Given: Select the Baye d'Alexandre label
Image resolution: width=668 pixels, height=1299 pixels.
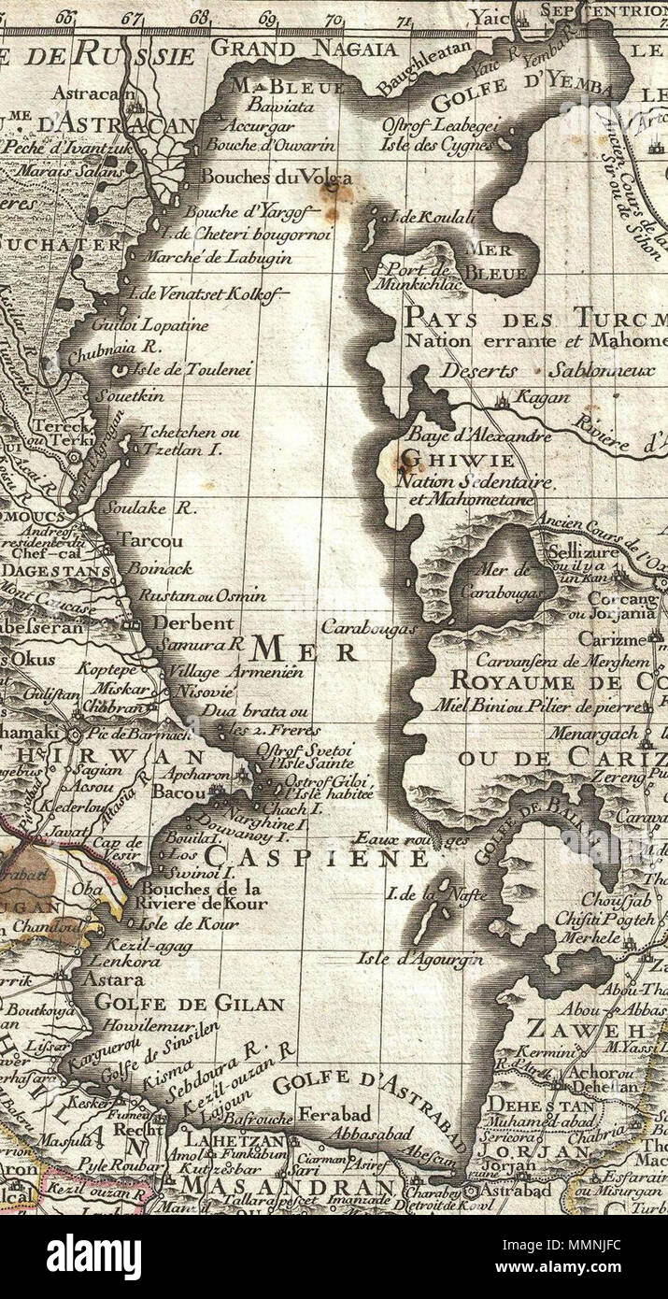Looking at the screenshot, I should click(x=465, y=435).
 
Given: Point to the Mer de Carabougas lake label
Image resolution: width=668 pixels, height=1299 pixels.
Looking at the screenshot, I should click(x=504, y=579).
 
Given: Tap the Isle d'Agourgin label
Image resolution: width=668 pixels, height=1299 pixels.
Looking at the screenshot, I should click(x=420, y=959).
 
